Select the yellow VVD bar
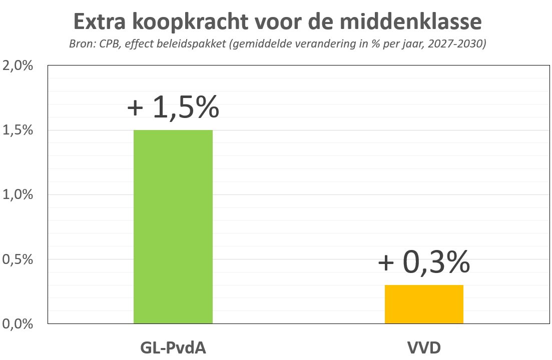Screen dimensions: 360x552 coord(424,304)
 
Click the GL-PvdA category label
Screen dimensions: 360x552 coord(173,348)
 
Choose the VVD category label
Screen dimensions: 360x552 coord(424,348)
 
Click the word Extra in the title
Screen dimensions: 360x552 coord(102,21)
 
